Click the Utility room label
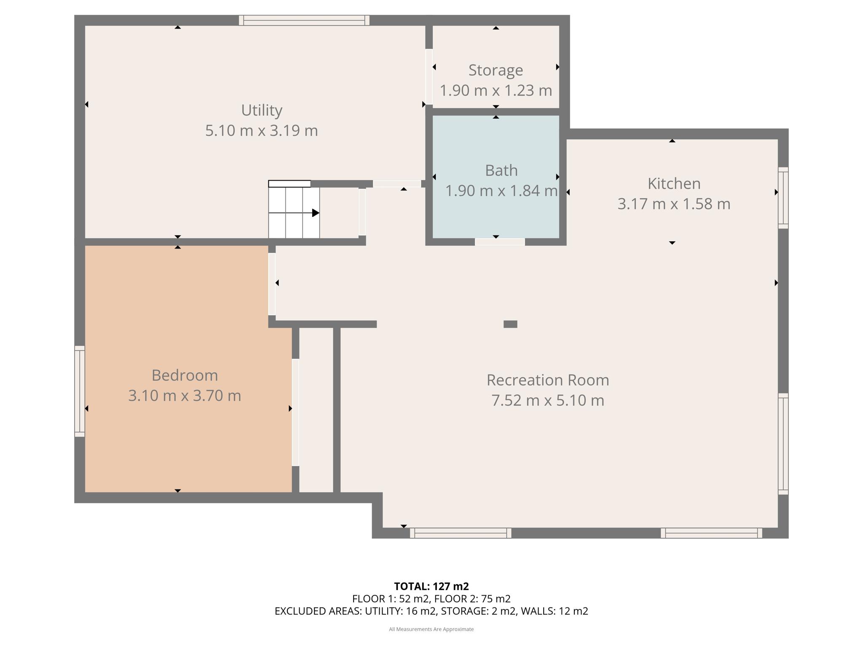(261, 110)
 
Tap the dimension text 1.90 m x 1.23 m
(496, 91)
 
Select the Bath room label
(501, 171)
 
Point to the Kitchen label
(674, 184)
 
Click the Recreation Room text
(547, 380)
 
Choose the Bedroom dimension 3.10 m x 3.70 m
(185, 396)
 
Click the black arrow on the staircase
(315, 213)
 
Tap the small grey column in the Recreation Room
(510, 324)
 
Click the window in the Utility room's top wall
(304, 20)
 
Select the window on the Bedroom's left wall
(80, 391)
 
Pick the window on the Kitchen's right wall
(783, 198)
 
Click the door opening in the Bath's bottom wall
(500, 242)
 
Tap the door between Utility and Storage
(429, 77)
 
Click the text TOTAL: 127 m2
(431, 586)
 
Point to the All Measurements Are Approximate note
(431, 629)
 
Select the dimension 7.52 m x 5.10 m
(547, 400)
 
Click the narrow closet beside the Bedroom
(316, 411)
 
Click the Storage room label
(496, 70)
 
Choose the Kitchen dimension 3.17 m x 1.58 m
(674, 204)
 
